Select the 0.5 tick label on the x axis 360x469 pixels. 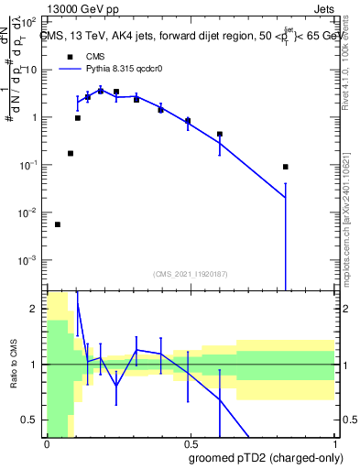click(190, 443)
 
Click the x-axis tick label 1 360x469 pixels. click(334, 443)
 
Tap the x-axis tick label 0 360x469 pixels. click(46, 443)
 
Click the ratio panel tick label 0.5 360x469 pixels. click(30, 420)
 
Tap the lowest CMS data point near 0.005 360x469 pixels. click(58, 224)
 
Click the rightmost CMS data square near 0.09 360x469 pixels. click(286, 167)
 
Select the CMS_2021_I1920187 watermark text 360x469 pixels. click(190, 274)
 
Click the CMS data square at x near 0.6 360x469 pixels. click(220, 134)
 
